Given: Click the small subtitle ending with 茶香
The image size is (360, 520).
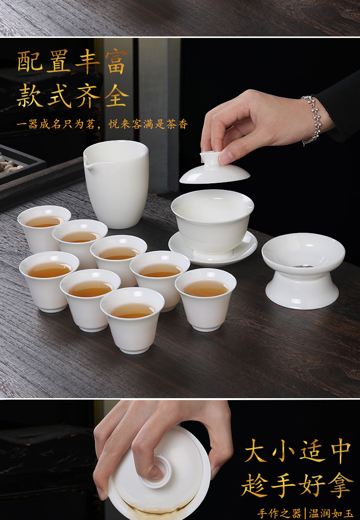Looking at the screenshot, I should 102,125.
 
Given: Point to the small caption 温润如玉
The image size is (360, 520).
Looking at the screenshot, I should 331,513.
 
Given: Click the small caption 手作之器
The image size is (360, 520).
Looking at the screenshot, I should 279,513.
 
